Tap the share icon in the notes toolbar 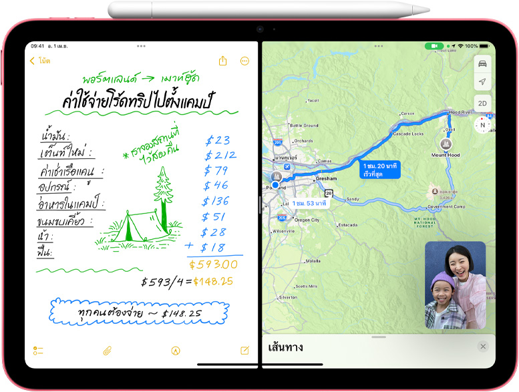tap(223, 61)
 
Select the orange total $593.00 tap(212, 264)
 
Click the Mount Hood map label tap(446, 154)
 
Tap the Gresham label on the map tap(327, 180)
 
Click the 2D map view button tap(482, 103)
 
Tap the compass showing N tap(482, 125)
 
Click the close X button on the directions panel tap(483, 346)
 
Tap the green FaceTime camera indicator tap(434, 46)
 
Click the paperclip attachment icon tap(107, 351)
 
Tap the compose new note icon tap(244, 351)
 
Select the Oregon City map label tap(307, 220)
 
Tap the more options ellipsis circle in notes tap(244, 61)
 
